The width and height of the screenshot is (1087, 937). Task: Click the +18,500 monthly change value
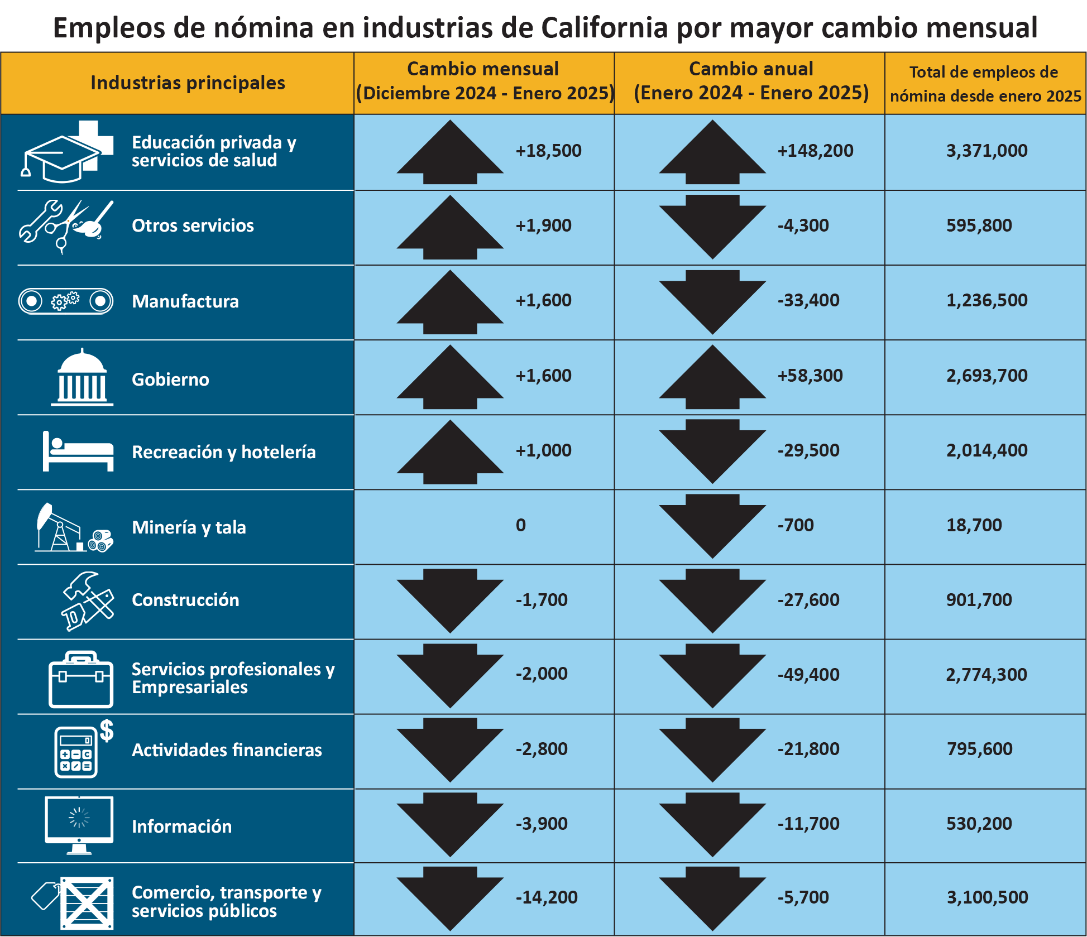point(548,151)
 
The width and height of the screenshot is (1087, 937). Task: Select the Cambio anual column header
point(750,81)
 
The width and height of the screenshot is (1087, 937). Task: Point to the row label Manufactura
point(185,302)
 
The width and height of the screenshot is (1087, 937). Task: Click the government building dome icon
point(82,377)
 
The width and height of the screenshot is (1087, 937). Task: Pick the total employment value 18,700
point(974,525)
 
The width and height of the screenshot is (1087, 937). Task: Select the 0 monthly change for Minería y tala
point(520,525)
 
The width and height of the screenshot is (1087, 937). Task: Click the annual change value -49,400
point(808,675)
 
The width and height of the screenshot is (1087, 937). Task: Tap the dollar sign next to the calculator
point(107,731)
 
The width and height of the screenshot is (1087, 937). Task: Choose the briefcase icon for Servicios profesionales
point(81,679)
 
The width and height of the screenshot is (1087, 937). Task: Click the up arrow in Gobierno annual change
point(712,377)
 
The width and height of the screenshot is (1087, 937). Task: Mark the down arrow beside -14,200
point(450,897)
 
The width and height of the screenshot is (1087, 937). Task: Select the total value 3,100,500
point(987,897)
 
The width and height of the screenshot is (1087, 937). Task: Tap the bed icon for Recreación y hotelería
point(78,452)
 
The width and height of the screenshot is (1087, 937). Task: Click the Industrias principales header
point(188,83)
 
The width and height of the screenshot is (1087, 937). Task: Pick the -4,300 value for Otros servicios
point(803,225)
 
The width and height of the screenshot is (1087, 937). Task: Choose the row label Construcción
point(185,600)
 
